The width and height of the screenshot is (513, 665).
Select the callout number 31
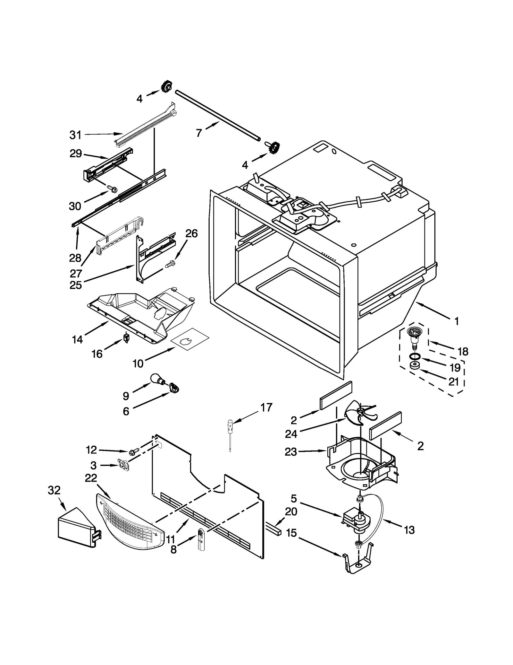pos(75,135)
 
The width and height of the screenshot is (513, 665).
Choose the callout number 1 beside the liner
pos(456,321)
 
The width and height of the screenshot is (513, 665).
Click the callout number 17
pos(266,407)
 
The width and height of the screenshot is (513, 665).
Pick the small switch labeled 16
pos(126,338)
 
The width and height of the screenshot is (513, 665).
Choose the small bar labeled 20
pos(273,530)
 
